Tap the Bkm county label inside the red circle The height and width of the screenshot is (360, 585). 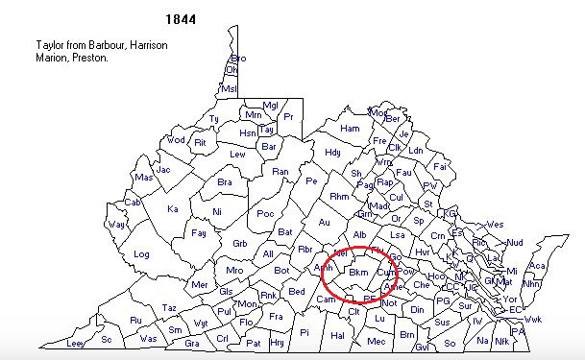(x=358, y=274)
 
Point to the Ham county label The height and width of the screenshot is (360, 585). (x=350, y=129)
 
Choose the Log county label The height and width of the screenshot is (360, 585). (x=142, y=254)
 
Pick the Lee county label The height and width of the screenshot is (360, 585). (x=76, y=343)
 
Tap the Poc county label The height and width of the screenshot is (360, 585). (x=265, y=214)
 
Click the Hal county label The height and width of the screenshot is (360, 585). (x=337, y=335)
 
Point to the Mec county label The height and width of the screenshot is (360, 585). (x=377, y=341)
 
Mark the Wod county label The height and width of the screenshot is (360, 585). (x=176, y=140)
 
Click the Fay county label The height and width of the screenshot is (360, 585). (x=199, y=233)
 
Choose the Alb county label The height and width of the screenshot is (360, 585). (x=360, y=235)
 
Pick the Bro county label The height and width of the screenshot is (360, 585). (x=238, y=59)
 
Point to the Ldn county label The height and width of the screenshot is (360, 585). (x=416, y=151)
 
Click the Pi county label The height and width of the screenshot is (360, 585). (x=305, y=332)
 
